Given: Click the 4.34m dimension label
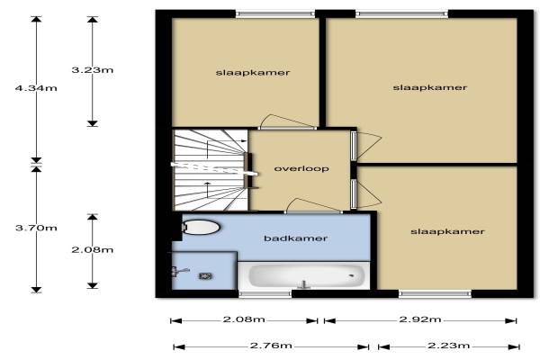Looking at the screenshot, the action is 36,88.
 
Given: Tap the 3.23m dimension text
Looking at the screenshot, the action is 93,70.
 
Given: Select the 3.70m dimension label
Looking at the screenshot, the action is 36,228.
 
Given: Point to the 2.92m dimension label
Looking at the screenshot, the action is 420,319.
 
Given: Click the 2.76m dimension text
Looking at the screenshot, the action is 271,346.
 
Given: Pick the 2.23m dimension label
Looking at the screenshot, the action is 449,346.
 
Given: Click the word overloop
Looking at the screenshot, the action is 301,169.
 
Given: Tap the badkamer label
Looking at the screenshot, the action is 295,238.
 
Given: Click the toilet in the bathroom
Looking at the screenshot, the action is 201,228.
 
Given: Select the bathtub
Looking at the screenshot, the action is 304,275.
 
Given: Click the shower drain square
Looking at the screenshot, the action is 205,275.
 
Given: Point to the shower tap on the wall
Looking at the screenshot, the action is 179,272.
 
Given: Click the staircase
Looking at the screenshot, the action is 211,169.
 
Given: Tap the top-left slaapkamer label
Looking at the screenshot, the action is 253,73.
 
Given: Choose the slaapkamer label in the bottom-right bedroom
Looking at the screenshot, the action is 447,231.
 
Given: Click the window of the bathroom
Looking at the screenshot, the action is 265,294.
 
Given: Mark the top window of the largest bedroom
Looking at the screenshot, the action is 402,14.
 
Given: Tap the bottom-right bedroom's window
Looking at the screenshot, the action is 435,294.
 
